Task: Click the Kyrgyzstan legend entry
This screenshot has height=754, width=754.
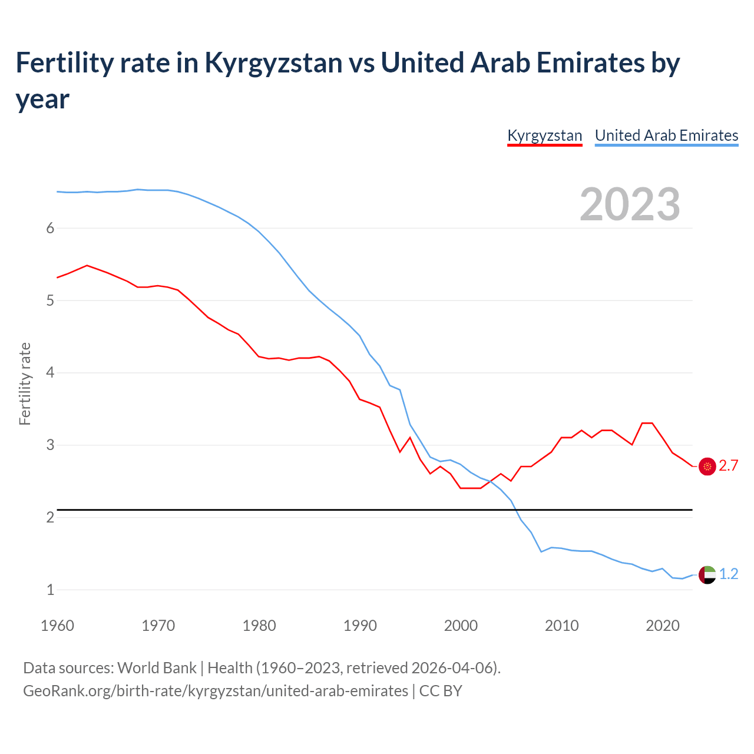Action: [x=544, y=135]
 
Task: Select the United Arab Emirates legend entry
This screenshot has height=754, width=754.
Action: [x=666, y=135]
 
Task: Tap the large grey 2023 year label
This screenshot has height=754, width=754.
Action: [x=630, y=204]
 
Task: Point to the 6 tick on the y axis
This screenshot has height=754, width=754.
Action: [x=50, y=229]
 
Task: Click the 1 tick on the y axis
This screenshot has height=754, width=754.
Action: [x=50, y=590]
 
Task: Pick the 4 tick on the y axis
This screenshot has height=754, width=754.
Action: [x=50, y=373]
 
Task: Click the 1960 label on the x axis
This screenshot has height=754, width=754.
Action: [x=57, y=626]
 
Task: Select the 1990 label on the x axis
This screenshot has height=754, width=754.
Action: [x=360, y=626]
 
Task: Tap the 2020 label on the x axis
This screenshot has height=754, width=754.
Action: [x=663, y=626]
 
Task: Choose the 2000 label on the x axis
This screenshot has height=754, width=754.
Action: [x=461, y=626]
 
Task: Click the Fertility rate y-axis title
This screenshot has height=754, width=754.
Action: [x=25, y=383]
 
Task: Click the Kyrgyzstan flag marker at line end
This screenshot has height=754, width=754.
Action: [x=707, y=466]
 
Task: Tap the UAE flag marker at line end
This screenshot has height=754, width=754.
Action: [x=707, y=574]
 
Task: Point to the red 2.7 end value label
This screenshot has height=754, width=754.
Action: [x=729, y=466]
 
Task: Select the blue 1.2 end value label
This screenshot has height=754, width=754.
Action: [x=729, y=574]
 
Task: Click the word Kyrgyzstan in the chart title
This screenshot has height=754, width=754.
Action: [x=273, y=63]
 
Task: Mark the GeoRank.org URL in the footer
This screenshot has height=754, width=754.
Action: [x=216, y=691]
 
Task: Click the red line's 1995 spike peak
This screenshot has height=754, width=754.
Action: [x=410, y=437]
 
